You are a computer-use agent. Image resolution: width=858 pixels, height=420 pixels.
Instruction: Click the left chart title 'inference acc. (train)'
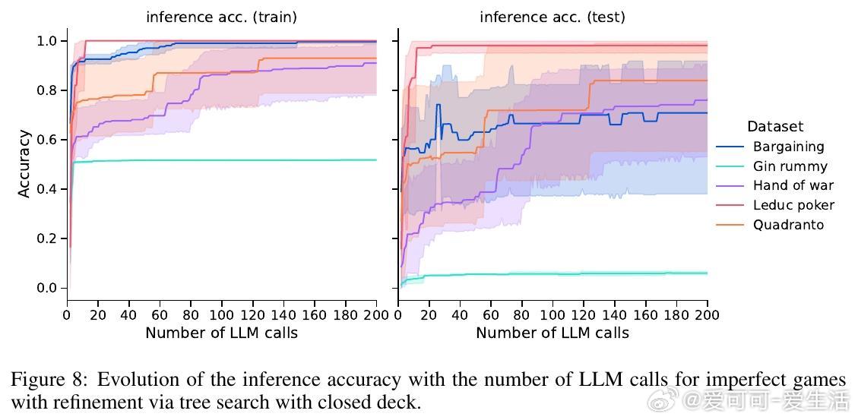pyautogui.click(x=221, y=17)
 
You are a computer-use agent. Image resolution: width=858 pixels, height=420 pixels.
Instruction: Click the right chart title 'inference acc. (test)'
pyautogui.click(x=552, y=17)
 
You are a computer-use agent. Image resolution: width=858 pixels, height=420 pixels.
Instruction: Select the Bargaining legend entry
pyautogui.click(x=788, y=147)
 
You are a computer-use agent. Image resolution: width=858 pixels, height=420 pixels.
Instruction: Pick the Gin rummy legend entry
pyautogui.click(x=790, y=166)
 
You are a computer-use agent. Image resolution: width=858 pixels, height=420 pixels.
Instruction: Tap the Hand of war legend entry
pyautogui.click(x=793, y=186)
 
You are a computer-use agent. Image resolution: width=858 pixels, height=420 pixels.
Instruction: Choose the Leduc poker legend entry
pyautogui.click(x=793, y=205)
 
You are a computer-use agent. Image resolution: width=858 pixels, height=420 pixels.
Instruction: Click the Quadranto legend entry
pyautogui.click(x=788, y=225)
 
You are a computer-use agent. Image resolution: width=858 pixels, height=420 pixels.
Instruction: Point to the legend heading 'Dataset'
pyautogui.click(x=774, y=127)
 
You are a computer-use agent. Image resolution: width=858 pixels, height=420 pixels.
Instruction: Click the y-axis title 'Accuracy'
pyautogui.click(x=24, y=164)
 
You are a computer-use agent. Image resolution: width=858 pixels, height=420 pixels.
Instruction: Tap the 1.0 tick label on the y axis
pyautogui.click(x=46, y=41)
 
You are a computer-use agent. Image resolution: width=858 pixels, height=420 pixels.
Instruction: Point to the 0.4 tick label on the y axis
pyautogui.click(x=46, y=189)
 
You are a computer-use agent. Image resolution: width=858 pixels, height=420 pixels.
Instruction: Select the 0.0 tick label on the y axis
pyautogui.click(x=46, y=288)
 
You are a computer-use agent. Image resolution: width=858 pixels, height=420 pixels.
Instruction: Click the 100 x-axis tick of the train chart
pyautogui.click(x=221, y=314)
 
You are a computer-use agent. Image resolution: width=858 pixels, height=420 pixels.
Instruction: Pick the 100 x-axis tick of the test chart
pyautogui.click(x=552, y=314)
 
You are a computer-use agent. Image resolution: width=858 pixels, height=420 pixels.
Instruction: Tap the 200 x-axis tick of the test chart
pyautogui.click(x=707, y=314)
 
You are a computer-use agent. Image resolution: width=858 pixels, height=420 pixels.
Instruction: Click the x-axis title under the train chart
pyautogui.click(x=221, y=333)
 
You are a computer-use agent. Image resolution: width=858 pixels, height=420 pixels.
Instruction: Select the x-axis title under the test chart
pyautogui.click(x=552, y=333)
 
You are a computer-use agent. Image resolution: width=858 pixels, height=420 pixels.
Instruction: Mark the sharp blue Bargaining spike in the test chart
pyautogui.click(x=438, y=106)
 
